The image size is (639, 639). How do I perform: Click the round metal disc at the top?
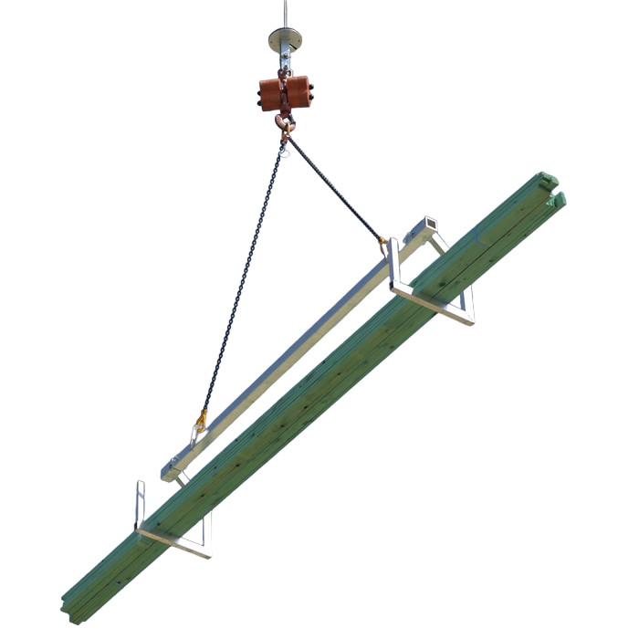click(x=286, y=39)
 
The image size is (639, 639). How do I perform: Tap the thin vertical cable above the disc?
click(x=286, y=13)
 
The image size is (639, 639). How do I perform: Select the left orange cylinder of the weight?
click(x=271, y=93)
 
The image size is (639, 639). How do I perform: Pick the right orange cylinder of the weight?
click(x=299, y=93)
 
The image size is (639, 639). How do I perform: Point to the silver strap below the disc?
click(x=286, y=59)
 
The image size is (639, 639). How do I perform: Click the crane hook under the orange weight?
click(x=285, y=124)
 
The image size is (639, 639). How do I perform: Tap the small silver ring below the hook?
click(x=286, y=149)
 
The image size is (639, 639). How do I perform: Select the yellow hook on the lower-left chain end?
click(x=200, y=422)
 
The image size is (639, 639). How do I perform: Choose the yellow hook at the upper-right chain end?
click(x=382, y=243)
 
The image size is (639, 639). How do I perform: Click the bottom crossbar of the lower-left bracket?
click(x=173, y=540)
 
